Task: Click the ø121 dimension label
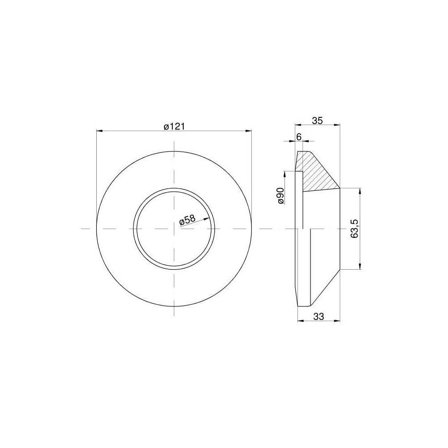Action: [x=174, y=127]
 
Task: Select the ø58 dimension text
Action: [x=187, y=220]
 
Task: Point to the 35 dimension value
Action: [x=317, y=121]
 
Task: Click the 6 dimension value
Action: [x=298, y=137]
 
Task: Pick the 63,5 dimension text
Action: [x=355, y=228]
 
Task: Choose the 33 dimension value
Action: [x=319, y=316]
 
